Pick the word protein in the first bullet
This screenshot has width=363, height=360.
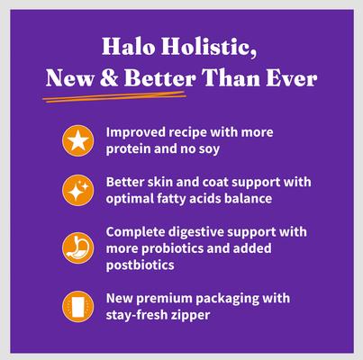click(x=128, y=148)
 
